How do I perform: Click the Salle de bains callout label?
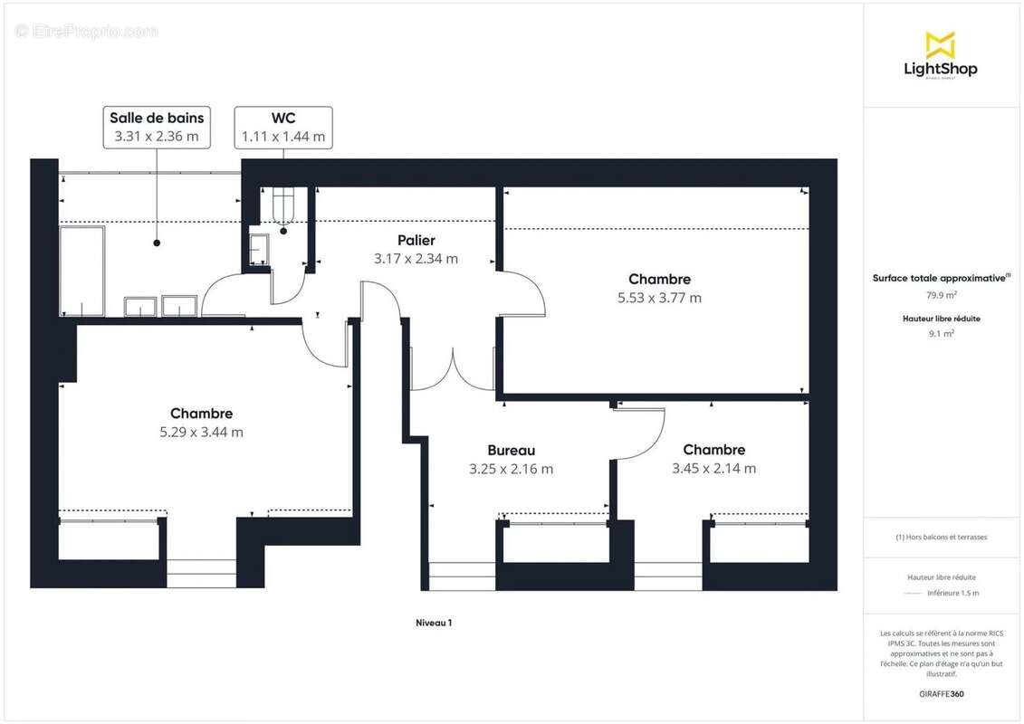[x=157, y=128]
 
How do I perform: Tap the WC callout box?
[x=283, y=128]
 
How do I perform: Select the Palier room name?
[x=416, y=240]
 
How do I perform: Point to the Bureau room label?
[x=512, y=450]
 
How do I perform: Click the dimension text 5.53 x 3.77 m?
[x=660, y=298]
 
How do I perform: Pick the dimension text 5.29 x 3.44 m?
[x=201, y=432]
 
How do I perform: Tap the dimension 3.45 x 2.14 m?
[x=713, y=468]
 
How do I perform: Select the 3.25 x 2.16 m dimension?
[x=512, y=469]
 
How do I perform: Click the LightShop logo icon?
[x=941, y=44]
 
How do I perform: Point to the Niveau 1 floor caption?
[x=434, y=623]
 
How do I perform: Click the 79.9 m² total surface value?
[x=941, y=295]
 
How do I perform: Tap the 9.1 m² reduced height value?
[x=941, y=334]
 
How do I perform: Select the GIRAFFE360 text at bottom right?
[x=941, y=694]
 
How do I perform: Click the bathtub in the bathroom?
[x=82, y=271]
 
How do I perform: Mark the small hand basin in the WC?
[x=259, y=249]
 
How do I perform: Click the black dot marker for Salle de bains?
[x=157, y=243]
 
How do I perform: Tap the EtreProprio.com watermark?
[x=86, y=31]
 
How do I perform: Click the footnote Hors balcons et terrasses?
[x=941, y=538]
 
